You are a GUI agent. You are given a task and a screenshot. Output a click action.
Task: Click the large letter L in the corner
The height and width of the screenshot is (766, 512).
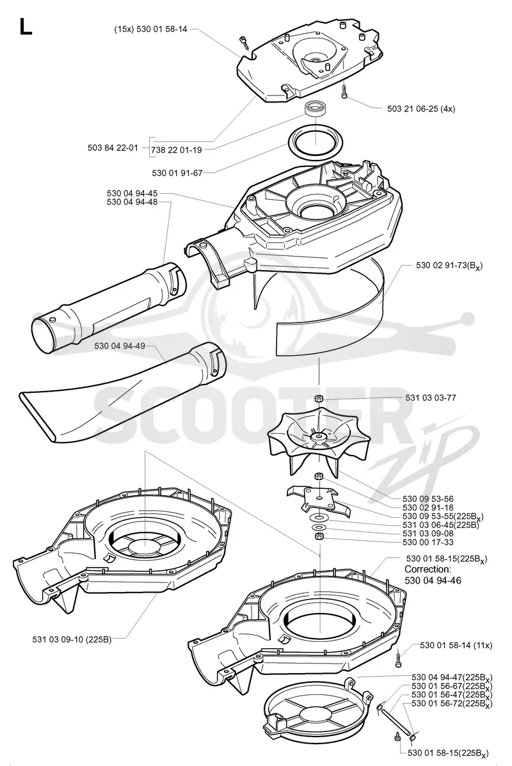pyautogui.click(x=26, y=26)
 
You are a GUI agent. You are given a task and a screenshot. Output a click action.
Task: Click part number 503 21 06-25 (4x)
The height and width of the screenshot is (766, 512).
pyautogui.click(x=420, y=109)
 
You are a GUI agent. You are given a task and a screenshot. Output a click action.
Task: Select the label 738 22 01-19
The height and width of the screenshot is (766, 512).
pyautogui.click(x=177, y=150)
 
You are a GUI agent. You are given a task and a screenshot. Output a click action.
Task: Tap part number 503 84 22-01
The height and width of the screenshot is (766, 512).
pyautogui.click(x=113, y=148)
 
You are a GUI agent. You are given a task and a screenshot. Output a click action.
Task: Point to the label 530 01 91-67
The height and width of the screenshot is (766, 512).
pyautogui.click(x=177, y=173)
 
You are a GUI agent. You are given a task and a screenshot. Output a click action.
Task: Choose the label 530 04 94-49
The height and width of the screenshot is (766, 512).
pyautogui.click(x=120, y=346)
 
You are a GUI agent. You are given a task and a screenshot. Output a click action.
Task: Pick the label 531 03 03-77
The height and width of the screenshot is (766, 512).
pyautogui.click(x=431, y=397)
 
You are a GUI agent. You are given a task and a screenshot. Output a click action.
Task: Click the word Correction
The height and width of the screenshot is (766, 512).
pyautogui.click(x=428, y=570)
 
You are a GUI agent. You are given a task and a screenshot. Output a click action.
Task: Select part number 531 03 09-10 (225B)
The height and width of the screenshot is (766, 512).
pyautogui.click(x=72, y=639)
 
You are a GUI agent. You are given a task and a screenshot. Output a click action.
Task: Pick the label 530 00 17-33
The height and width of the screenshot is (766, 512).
pyautogui.click(x=428, y=542)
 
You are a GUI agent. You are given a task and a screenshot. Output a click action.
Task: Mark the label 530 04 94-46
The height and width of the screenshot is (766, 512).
pyautogui.click(x=433, y=580)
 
